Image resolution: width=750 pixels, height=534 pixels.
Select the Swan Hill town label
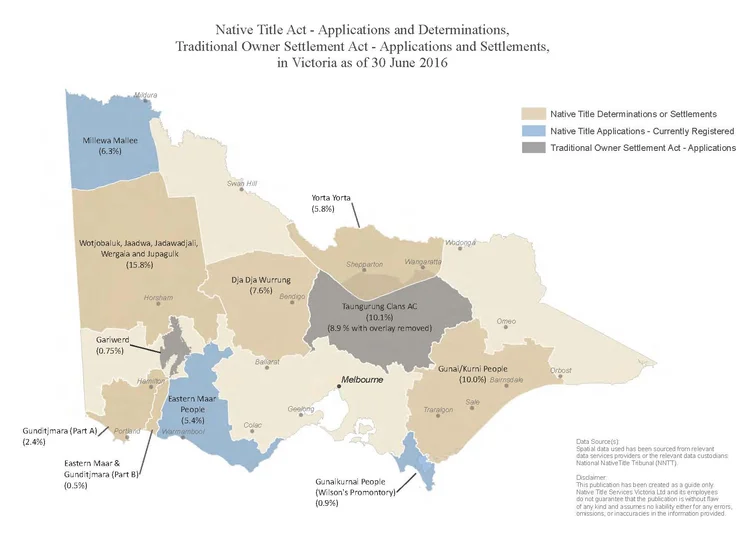242,183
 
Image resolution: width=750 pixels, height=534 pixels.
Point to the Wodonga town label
460,243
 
